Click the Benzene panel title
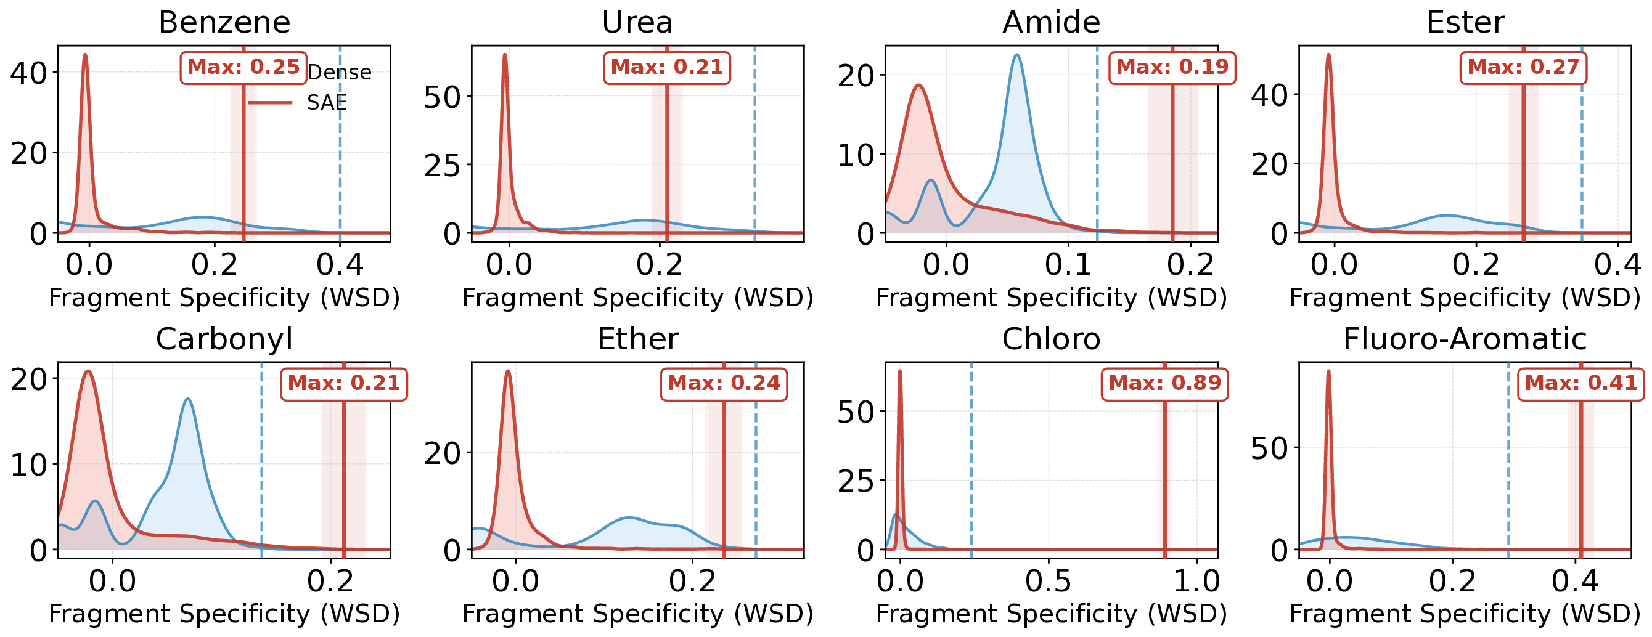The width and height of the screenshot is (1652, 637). (x=224, y=22)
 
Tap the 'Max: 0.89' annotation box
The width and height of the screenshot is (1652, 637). (x=1164, y=383)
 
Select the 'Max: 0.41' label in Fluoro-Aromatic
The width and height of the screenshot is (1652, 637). (x=1580, y=383)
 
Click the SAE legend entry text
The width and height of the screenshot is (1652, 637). (x=327, y=102)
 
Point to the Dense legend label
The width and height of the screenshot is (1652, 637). (x=339, y=73)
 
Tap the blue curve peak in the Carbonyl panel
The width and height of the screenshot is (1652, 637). (x=187, y=399)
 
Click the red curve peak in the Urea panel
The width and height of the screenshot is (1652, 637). (x=505, y=55)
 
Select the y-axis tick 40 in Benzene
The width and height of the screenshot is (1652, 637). (x=29, y=73)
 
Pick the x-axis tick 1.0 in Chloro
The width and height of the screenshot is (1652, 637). (x=1196, y=581)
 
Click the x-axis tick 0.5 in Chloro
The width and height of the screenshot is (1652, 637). (x=1048, y=581)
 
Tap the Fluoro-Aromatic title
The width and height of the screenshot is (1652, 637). (x=1465, y=338)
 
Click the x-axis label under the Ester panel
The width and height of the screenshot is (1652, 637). (x=1465, y=298)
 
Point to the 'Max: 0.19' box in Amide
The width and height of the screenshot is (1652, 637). (x=1172, y=67)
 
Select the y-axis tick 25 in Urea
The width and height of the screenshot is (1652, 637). (x=443, y=166)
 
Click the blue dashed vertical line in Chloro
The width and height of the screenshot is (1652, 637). (x=971, y=461)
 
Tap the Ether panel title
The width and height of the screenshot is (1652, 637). (x=637, y=338)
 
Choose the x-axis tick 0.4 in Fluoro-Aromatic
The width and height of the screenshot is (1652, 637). (x=1575, y=581)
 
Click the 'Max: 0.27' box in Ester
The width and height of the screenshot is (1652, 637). (x=1523, y=67)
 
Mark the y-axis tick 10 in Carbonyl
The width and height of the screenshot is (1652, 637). (x=29, y=465)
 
